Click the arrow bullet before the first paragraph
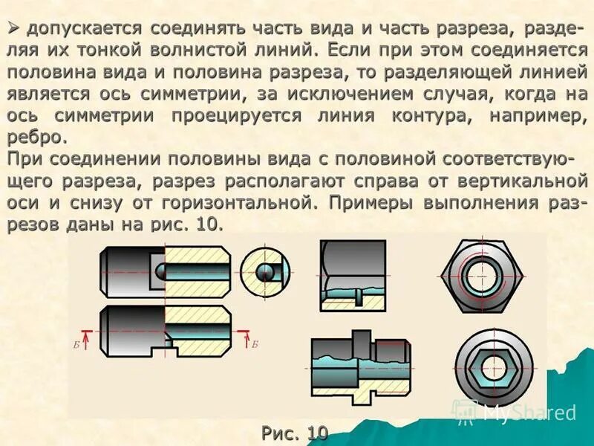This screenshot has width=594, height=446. click(14, 28)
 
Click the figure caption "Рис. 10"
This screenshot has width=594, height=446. click(295, 432)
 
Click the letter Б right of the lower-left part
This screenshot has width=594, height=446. click(254, 344)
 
